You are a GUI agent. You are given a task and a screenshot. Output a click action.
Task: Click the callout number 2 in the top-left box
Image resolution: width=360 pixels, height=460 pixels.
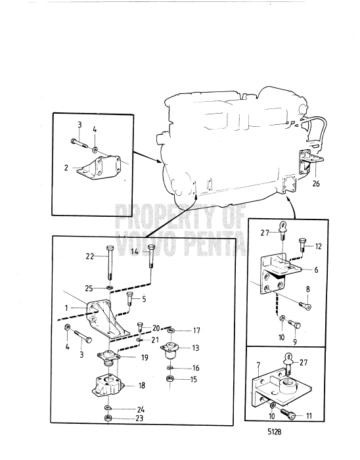point(66,168)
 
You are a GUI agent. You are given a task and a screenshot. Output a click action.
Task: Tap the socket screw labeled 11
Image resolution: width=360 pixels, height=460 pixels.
point(289,414)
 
